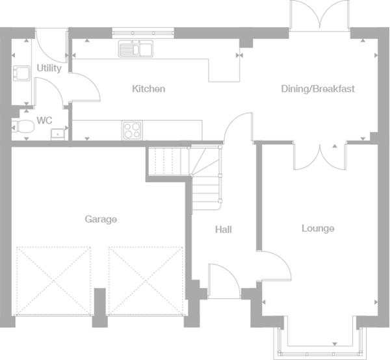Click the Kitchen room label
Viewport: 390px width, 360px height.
tap(148, 89)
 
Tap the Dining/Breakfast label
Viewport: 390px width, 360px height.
tap(318, 89)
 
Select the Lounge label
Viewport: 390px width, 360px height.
tap(318, 228)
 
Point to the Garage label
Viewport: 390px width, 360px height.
tap(101, 219)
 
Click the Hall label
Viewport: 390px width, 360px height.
tap(224, 229)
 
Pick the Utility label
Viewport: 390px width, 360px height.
tap(49, 68)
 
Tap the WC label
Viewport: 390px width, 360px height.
tap(44, 121)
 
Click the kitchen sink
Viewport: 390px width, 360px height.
tap(136, 49)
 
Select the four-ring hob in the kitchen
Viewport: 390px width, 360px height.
tap(133, 130)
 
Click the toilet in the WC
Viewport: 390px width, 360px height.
tap(23, 127)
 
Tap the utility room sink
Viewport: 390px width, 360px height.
tap(21, 73)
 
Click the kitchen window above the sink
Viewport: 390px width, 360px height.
tap(143, 33)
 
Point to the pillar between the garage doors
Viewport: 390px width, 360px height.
tap(99, 307)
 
